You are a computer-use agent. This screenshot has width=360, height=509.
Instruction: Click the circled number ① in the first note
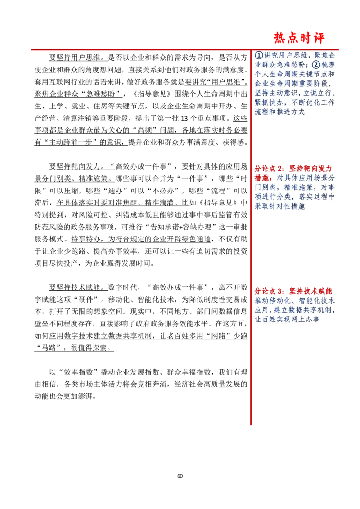click(x=259, y=55)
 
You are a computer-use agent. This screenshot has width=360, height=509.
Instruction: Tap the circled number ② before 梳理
click(x=316, y=65)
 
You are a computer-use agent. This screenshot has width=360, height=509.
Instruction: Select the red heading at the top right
click(x=300, y=39)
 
